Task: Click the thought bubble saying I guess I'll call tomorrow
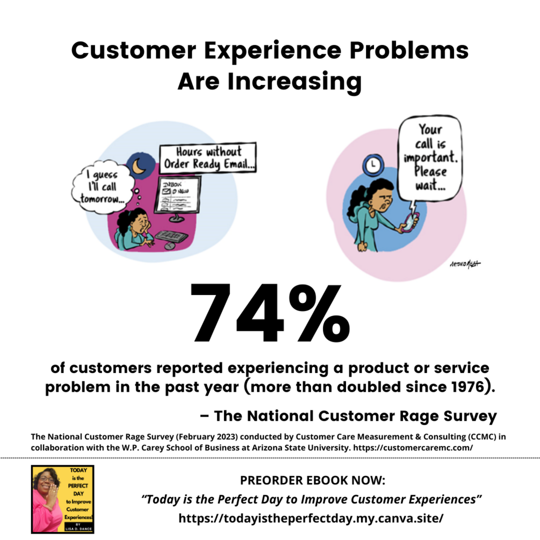[100, 186]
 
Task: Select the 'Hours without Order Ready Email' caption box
[207, 157]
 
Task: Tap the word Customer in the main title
[124, 51]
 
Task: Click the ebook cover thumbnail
[62, 499]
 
